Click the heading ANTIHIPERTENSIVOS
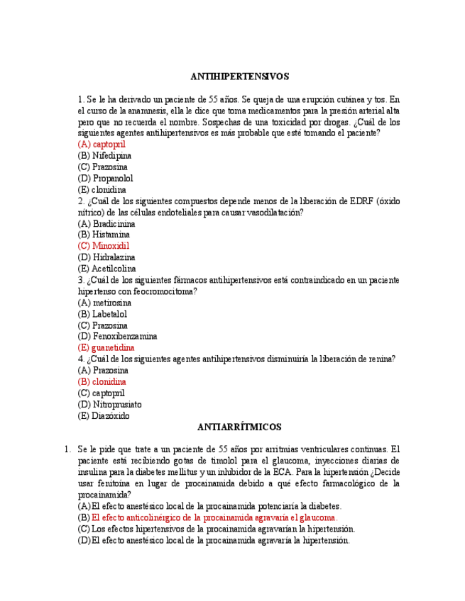[240, 76]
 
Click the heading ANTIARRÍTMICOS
[240, 427]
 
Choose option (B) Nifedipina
[104, 155]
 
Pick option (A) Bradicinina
[106, 223]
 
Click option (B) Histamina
[104, 234]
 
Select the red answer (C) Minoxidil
[104, 246]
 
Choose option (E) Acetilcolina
[106, 269]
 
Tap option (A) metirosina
[104, 303]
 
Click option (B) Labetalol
[102, 314]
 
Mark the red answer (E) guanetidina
[106, 348]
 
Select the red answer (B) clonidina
[102, 381]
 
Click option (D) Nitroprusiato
[109, 405]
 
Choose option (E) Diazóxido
[104, 416]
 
